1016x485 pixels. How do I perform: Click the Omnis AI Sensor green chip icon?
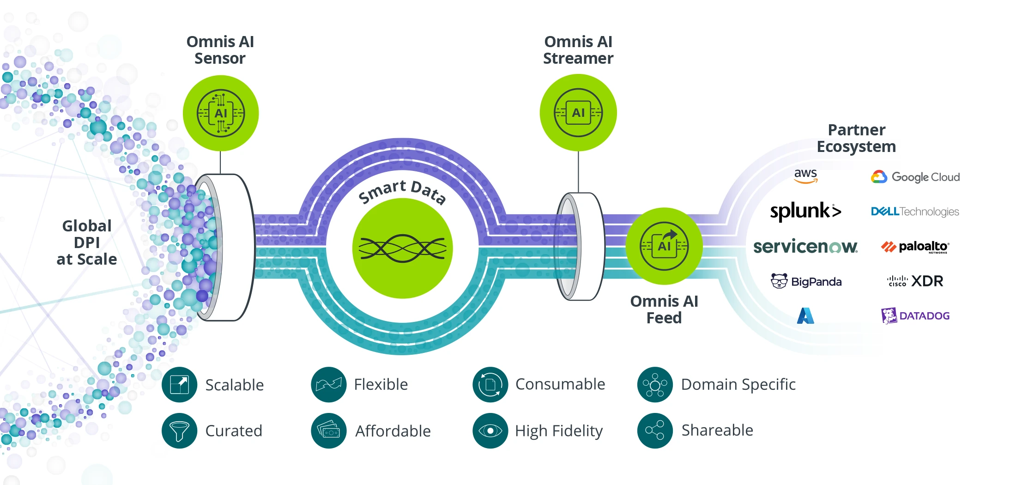(x=221, y=113)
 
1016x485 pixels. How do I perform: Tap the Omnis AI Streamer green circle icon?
(x=578, y=113)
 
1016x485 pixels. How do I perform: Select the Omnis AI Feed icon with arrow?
(x=664, y=246)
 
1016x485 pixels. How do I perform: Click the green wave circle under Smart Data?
(x=402, y=249)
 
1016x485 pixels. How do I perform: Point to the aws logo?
(x=805, y=176)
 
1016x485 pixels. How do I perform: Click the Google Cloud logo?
(x=915, y=177)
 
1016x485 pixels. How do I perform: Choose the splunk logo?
(x=805, y=211)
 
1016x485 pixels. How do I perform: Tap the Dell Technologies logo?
(x=915, y=212)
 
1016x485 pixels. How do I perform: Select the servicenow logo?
(x=805, y=246)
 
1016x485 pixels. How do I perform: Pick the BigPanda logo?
(x=806, y=281)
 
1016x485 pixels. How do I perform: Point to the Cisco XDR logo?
(x=915, y=281)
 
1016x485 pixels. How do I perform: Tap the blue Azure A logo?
(x=805, y=315)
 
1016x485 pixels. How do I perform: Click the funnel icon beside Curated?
(x=180, y=430)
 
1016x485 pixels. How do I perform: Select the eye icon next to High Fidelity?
(x=490, y=430)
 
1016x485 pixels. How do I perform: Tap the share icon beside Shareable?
(x=655, y=430)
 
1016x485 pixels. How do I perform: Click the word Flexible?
(x=381, y=384)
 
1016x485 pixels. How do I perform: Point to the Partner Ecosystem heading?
(x=856, y=138)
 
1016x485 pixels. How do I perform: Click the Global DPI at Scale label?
(x=87, y=242)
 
